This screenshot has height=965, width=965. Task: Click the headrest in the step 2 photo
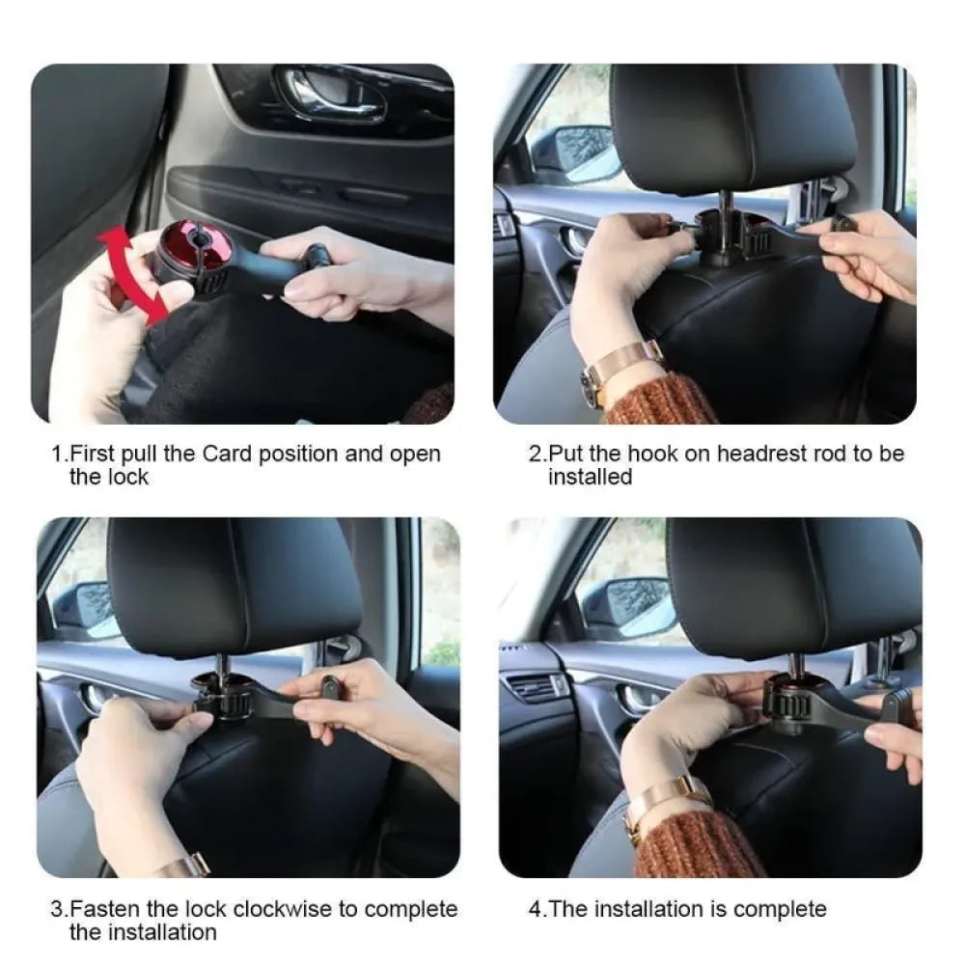click(x=732, y=125)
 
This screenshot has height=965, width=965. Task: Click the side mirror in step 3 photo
click(x=87, y=608)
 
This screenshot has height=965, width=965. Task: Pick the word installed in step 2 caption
click(x=590, y=477)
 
